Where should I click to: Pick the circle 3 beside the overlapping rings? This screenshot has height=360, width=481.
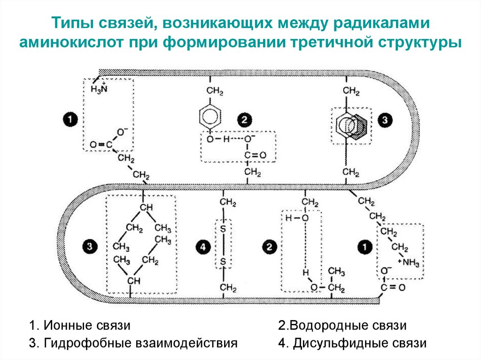[385, 120]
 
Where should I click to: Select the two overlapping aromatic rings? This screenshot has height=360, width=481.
[350, 125]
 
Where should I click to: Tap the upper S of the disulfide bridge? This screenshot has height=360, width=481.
[223, 228]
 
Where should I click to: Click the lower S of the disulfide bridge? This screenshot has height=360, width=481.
[223, 260]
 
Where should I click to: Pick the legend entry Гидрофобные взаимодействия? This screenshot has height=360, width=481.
[132, 343]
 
